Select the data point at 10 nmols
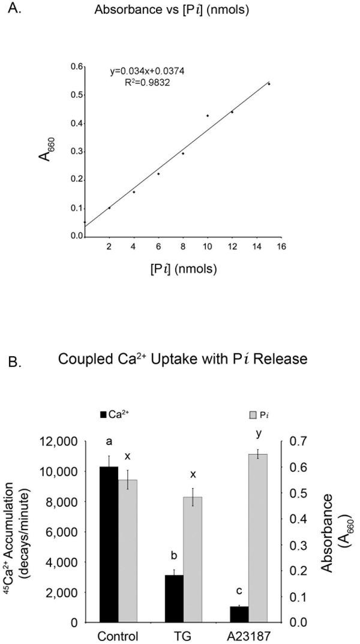pyautogui.click(x=208, y=115)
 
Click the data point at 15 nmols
pyautogui.click(x=269, y=84)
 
